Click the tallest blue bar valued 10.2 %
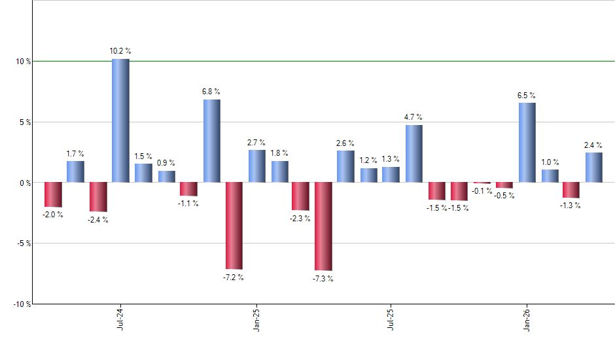(120, 120)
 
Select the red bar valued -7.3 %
(323, 226)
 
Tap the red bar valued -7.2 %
(234, 225)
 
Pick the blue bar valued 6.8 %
(211, 141)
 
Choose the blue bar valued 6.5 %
(527, 143)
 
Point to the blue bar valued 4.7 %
(413, 153)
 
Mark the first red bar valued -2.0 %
(53, 194)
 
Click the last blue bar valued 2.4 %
(594, 168)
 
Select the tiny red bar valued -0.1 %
(482, 183)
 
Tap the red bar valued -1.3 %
(571, 190)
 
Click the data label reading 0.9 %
(166, 163)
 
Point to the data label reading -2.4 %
(98, 220)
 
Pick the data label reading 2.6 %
(345, 143)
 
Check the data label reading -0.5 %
(504, 196)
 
